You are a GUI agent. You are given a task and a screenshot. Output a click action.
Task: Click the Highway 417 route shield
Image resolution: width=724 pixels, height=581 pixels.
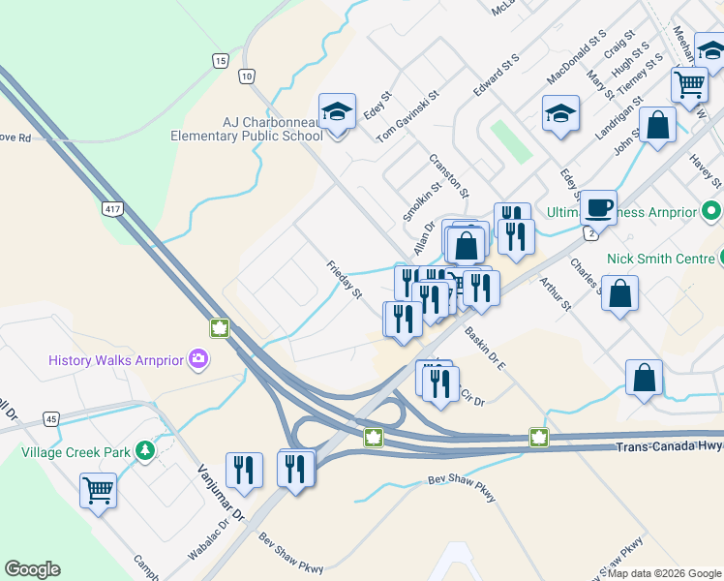pos(114,210)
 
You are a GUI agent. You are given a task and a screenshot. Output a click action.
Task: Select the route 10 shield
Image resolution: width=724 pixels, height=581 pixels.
pos(248,76)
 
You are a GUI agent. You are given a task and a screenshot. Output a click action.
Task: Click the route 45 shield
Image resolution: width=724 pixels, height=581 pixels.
pos(51,419)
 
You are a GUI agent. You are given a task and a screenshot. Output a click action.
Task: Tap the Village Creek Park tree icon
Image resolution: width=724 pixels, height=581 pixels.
pos(145,451)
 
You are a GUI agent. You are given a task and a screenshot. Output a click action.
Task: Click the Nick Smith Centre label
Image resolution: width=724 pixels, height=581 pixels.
pos(656,259)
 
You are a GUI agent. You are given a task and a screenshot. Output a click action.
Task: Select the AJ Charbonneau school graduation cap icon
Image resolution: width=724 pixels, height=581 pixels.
pos(337,112)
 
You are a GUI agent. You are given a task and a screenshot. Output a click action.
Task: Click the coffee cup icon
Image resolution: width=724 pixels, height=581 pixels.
pos(598,206)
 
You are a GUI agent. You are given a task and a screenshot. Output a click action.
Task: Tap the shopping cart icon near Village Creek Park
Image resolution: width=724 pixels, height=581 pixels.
pos(98,489)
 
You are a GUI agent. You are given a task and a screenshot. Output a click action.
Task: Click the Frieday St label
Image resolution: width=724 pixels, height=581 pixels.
pos(344,279)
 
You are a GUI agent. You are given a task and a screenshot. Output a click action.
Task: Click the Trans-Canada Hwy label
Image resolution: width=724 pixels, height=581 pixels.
pos(669,446)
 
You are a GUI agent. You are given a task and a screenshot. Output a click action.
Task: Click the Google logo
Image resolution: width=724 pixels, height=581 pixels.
pos(32,569)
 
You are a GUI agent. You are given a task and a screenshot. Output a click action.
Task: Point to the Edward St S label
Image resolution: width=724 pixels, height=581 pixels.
pos(497,74)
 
